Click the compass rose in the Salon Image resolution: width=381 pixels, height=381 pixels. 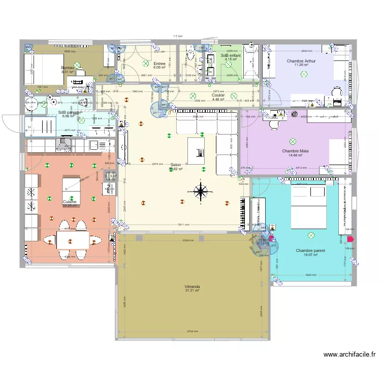coord(201,192)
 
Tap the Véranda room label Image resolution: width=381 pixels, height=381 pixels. coord(192,287)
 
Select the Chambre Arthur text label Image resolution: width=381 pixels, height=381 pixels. coord(301,61)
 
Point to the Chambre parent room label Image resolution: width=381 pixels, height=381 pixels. coord(310,250)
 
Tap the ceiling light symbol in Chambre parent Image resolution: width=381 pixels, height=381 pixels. coord(310,235)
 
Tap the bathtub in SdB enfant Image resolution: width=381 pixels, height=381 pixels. coord(250,63)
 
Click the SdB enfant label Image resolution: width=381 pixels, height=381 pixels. coord(231,55)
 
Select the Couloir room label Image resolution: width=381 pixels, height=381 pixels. coord(218,95)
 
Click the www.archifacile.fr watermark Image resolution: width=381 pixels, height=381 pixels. coord(348,355)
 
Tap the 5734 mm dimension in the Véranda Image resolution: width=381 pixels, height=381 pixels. coord(192,331)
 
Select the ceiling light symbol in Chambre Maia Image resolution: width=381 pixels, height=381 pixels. coord(292,141)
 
